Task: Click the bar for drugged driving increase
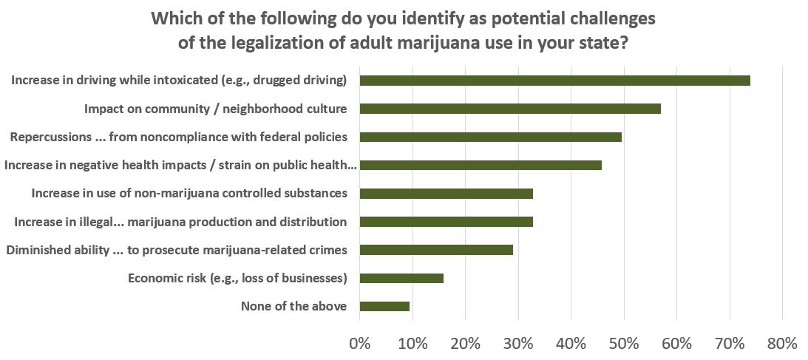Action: (x=554, y=81)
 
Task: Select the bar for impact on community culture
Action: (x=510, y=109)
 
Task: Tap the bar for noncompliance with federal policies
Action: (x=490, y=137)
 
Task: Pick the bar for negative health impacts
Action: (x=481, y=165)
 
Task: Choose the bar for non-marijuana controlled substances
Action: (x=446, y=194)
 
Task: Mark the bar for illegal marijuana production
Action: (x=446, y=222)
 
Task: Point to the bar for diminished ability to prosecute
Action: (x=436, y=250)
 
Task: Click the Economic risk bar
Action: (x=401, y=278)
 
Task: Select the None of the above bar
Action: (x=384, y=306)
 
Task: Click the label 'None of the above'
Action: (x=294, y=306)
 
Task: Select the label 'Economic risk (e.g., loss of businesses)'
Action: (x=237, y=278)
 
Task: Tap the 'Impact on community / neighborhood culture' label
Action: (x=216, y=109)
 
